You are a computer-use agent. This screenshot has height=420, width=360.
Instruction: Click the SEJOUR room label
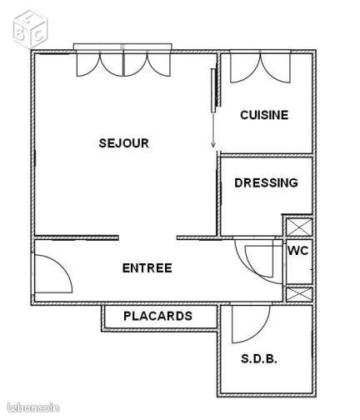click(x=123, y=142)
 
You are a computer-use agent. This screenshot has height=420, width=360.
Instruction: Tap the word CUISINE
click(x=263, y=115)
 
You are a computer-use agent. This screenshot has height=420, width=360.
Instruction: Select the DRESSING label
click(x=266, y=183)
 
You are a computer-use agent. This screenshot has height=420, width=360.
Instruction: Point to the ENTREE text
click(x=147, y=267)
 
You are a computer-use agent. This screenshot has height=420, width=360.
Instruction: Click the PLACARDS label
click(x=157, y=316)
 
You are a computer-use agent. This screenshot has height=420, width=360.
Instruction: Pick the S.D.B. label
click(x=259, y=359)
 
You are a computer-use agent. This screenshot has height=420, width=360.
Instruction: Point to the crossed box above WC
click(x=298, y=227)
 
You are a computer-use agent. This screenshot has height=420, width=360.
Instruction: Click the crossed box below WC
click(x=298, y=294)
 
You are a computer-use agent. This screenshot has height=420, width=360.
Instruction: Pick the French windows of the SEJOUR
click(x=123, y=65)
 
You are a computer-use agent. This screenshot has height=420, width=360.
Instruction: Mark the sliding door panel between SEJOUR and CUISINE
click(x=213, y=88)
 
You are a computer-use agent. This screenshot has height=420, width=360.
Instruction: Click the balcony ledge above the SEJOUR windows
click(x=123, y=47)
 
